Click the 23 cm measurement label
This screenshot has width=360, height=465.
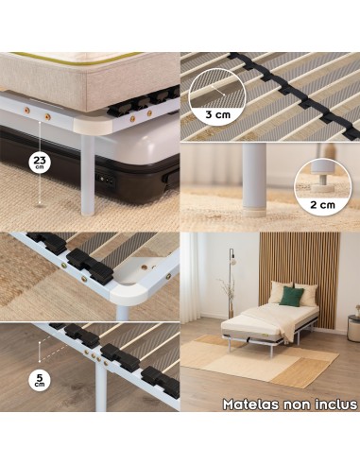[40, 163]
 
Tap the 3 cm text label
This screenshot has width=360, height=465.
[218, 114]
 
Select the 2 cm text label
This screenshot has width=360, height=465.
[322, 205]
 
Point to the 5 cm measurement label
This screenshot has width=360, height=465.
[40, 380]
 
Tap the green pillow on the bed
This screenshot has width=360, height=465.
[291, 296]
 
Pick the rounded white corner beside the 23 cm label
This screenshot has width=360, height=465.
[93, 126]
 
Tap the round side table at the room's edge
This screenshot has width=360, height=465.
[353, 328]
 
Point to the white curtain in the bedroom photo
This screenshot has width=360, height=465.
[192, 277]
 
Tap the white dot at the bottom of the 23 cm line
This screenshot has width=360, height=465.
[40, 202]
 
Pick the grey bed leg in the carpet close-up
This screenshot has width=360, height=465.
[254, 180]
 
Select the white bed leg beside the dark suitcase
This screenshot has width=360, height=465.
[88, 174]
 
